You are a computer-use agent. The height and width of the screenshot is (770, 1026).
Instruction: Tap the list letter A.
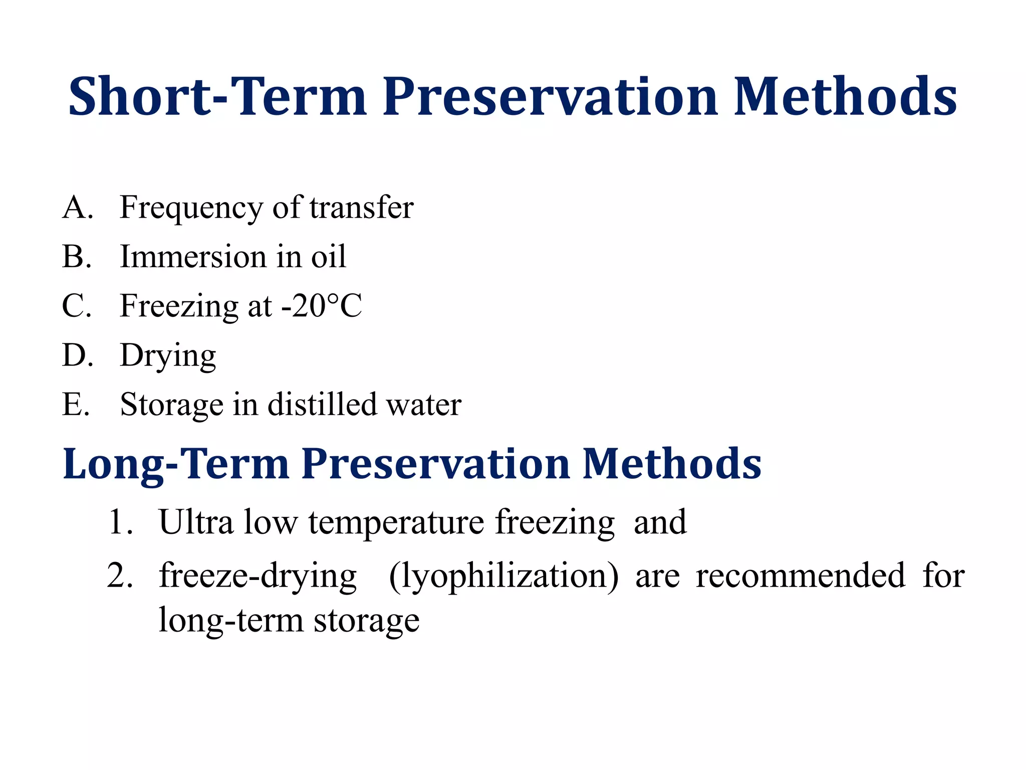click(75, 207)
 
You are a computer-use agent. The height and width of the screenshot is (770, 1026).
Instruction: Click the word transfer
click(361, 207)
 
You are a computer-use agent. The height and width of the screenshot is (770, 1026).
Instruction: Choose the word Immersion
click(193, 256)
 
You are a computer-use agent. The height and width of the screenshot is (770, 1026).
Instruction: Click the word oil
click(328, 256)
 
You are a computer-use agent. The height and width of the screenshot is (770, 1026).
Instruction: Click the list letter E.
click(74, 404)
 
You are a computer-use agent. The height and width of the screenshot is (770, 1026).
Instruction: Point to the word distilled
click(322, 404)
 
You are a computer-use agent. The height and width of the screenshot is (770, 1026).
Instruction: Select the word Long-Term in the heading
click(176, 464)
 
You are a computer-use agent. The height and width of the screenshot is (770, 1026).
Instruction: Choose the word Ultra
click(196, 522)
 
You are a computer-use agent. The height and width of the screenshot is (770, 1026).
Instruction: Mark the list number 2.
click(119, 575)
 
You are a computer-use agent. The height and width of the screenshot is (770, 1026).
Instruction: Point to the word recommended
click(800, 575)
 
